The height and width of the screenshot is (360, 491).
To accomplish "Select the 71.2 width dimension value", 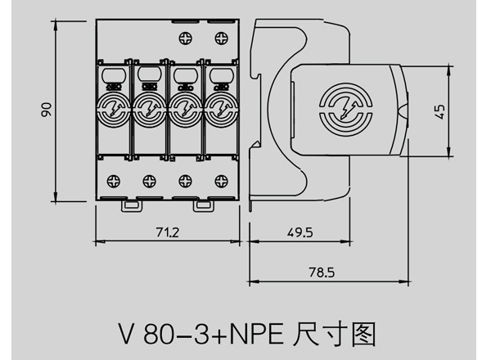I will [167, 232].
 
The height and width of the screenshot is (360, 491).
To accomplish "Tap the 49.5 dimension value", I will [300, 232].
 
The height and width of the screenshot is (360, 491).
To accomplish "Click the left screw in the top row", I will [185, 37].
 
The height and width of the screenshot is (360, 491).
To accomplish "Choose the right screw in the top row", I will [220, 37].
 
